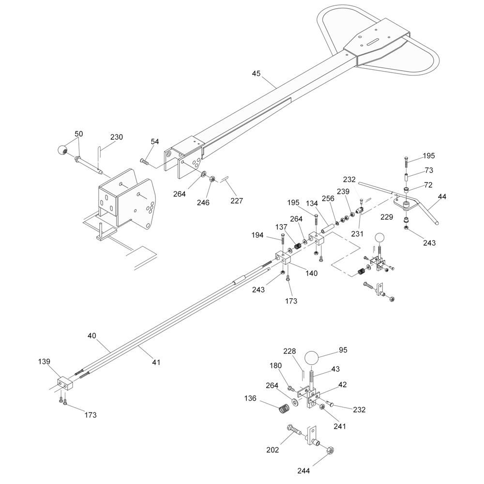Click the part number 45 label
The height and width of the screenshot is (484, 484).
click(x=256, y=74)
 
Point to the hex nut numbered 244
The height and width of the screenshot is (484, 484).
click(x=330, y=451)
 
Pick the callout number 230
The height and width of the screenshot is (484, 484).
click(x=116, y=137)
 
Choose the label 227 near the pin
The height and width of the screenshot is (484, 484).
click(x=237, y=201)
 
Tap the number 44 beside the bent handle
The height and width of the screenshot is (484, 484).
click(x=442, y=197)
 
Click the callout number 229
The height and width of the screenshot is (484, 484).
click(x=386, y=217)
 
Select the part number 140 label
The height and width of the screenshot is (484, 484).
click(x=311, y=273)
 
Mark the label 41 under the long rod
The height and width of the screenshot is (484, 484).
click(x=156, y=362)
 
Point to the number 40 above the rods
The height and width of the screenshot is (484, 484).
click(x=91, y=335)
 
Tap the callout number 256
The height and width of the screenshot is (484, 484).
click(x=328, y=198)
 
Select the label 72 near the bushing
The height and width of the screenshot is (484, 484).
click(x=428, y=185)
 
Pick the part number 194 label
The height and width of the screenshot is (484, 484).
click(x=257, y=235)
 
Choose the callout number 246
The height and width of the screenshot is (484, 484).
click(x=203, y=202)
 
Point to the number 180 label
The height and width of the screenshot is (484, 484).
click(x=276, y=366)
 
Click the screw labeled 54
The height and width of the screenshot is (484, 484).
click(x=144, y=161)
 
